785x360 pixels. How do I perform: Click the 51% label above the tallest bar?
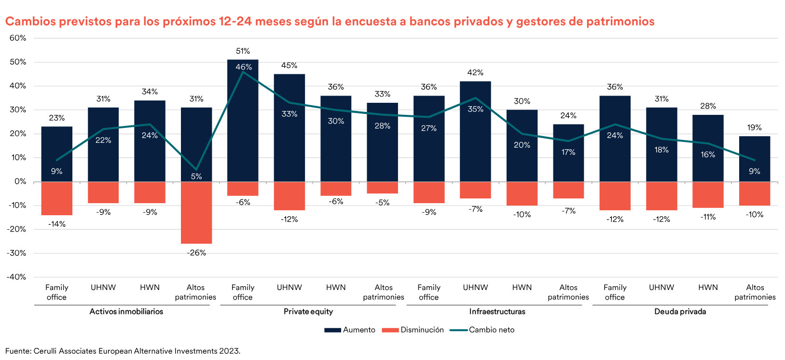243,51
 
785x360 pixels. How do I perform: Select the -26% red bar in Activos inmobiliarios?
196,212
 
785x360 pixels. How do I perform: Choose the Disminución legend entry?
413,330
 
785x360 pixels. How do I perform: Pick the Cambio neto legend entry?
482,330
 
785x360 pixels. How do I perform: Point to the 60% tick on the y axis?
18,38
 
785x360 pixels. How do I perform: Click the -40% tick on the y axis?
16,277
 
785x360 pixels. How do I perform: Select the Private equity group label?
308,312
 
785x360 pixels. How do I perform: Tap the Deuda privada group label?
680,312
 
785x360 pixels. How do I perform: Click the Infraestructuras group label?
497,312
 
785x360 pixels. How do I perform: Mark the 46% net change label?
243,68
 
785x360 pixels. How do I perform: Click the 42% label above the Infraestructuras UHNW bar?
475,73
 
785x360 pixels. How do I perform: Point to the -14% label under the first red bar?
57,224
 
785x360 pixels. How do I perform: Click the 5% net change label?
196,177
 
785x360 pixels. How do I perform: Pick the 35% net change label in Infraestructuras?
475,110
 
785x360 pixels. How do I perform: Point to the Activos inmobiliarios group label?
126,312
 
